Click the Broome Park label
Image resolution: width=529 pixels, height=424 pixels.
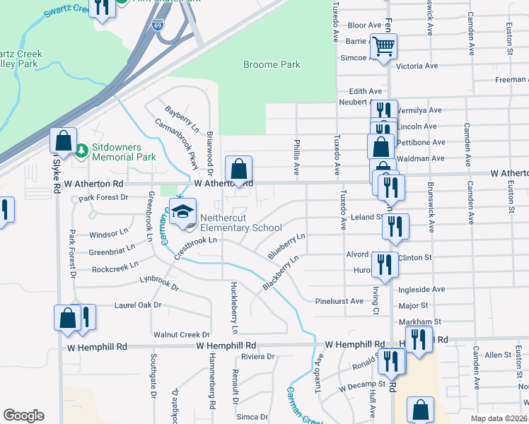coord(272,64)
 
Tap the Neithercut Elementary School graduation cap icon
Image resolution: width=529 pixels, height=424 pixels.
coord(182,211)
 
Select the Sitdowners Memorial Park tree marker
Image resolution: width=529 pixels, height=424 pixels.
coord(81,151)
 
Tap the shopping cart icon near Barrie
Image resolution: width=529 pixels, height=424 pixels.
coord(383,47)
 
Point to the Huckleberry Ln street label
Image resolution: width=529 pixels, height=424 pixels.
coord(234,308)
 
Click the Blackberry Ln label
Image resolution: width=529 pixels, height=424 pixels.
coord(281,273)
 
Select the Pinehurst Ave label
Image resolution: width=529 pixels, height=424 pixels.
coord(339,301)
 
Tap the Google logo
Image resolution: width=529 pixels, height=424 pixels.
coord(23,416)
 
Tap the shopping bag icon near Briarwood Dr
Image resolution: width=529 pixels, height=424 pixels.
coord(239,170)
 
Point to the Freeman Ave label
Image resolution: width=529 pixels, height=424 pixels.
coord(511,80)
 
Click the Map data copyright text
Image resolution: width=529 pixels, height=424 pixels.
coord(499,418)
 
